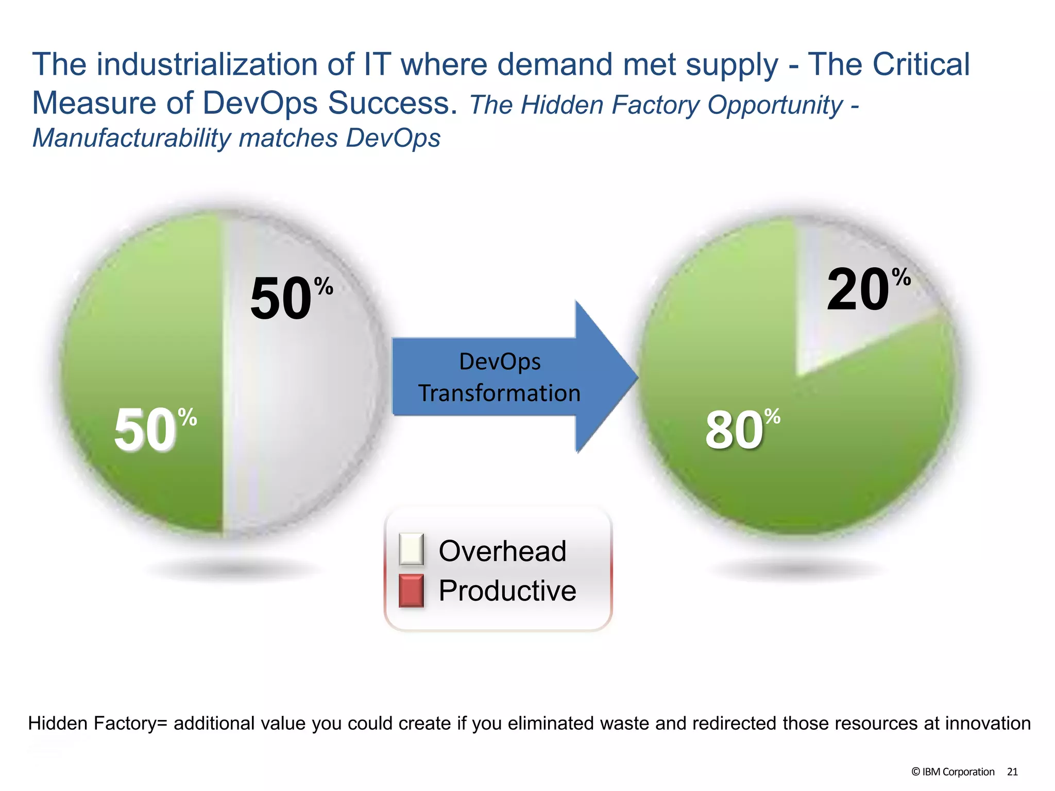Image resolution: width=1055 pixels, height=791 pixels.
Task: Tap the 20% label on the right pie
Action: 867,290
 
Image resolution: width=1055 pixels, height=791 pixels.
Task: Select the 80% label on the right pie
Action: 742,429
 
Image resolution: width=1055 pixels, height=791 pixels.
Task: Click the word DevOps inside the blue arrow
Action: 500,362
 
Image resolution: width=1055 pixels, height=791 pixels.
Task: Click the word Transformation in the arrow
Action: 499,393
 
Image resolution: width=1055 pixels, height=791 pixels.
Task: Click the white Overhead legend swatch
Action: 411,549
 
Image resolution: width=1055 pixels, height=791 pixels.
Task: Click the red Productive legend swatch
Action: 411,590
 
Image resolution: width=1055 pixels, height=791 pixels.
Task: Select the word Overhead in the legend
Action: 502,551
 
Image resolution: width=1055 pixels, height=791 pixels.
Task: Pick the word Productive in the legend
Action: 507,591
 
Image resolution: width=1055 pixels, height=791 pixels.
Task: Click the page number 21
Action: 1012,771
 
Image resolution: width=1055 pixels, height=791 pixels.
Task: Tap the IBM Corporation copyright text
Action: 952,771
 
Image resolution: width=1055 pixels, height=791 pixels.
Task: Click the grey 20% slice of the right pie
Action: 845,330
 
